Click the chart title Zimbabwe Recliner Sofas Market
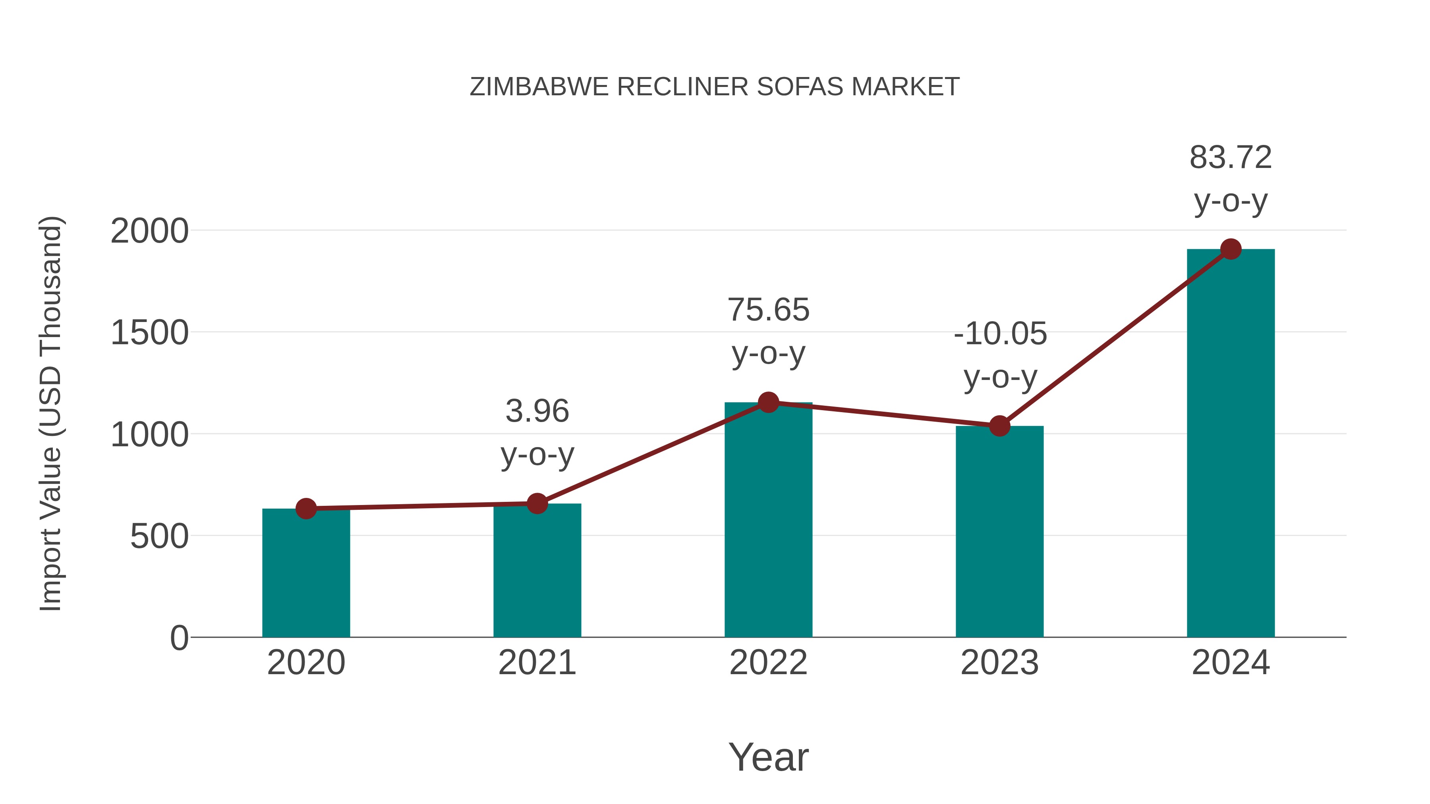pos(715,87)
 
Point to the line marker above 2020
pos(306,508)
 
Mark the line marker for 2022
pos(768,402)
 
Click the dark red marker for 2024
pos(1231,249)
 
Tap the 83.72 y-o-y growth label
pos(1231,179)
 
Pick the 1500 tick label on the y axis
pos(149,333)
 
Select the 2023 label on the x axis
pos(999,663)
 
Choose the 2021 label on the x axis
pos(537,663)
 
